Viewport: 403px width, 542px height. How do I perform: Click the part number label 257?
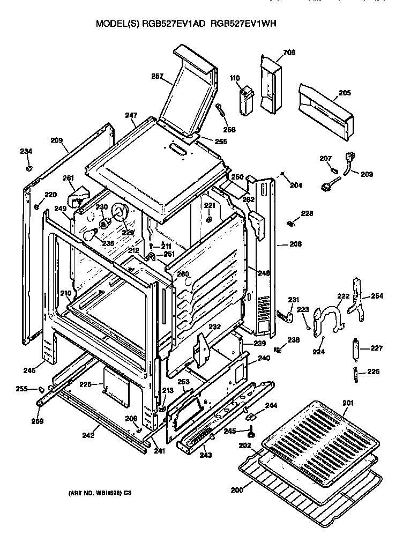click(x=157, y=77)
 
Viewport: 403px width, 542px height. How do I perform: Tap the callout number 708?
click(x=289, y=52)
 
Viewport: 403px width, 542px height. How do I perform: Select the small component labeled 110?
click(x=245, y=100)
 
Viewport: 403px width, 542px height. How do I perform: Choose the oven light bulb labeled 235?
click(x=92, y=234)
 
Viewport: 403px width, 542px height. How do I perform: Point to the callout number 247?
click(x=131, y=115)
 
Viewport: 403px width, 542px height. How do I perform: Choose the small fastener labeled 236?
click(x=278, y=350)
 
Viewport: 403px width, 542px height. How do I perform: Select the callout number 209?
click(x=57, y=140)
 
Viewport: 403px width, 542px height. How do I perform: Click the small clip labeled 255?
click(x=40, y=388)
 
